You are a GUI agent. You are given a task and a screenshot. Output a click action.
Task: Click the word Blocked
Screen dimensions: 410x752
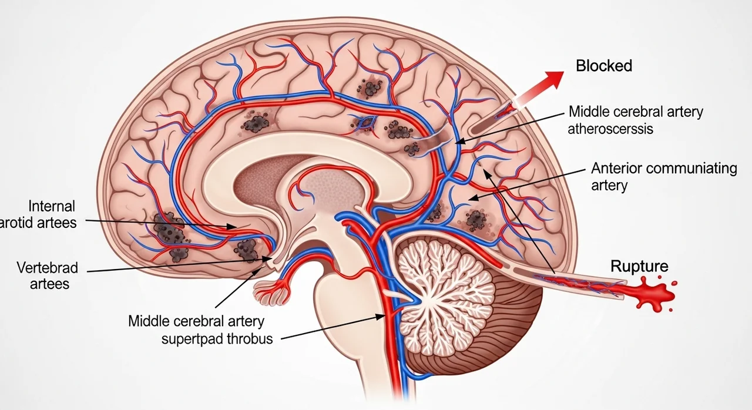click(603, 66)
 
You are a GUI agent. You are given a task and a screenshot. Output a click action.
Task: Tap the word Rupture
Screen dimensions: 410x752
click(639, 266)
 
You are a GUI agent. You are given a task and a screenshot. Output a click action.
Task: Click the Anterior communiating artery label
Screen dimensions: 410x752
click(663, 176)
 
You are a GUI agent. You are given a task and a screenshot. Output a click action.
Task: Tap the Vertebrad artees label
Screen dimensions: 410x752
click(47, 276)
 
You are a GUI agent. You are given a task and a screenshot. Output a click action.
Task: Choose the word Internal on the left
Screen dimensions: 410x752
click(52, 206)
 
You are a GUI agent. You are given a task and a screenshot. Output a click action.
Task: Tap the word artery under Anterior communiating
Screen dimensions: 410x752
click(609, 186)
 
